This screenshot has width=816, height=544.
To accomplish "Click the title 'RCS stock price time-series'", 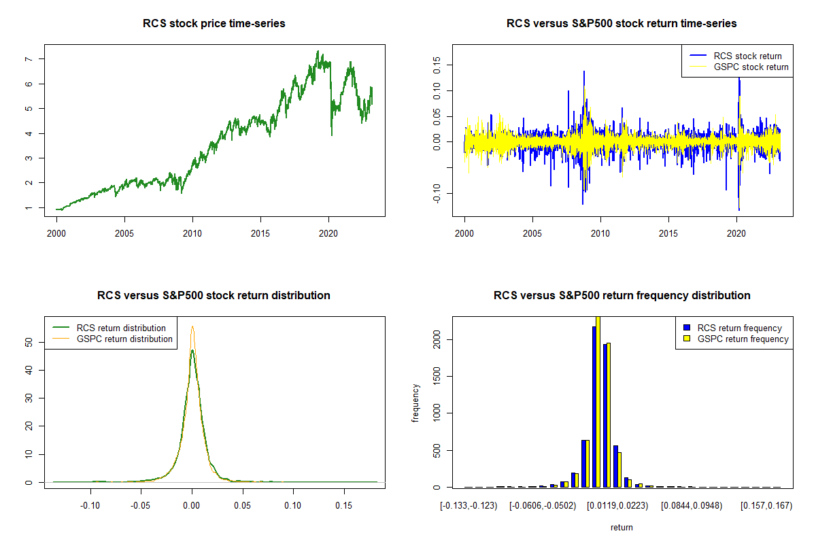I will [x=214, y=24].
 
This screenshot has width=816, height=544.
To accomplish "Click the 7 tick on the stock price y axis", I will [x=28, y=59].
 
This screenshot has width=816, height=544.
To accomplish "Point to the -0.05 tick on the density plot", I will [x=141, y=505].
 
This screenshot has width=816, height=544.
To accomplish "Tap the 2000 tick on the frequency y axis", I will [x=436, y=339].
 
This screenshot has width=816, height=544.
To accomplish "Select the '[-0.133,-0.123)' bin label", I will [x=469, y=505].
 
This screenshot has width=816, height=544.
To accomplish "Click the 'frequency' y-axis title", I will [x=415, y=403].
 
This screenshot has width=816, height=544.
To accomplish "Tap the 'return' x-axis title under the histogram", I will [x=622, y=527].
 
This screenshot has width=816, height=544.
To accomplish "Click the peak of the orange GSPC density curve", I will [x=192, y=326].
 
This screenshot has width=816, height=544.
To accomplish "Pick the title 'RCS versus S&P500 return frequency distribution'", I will [x=622, y=296].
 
